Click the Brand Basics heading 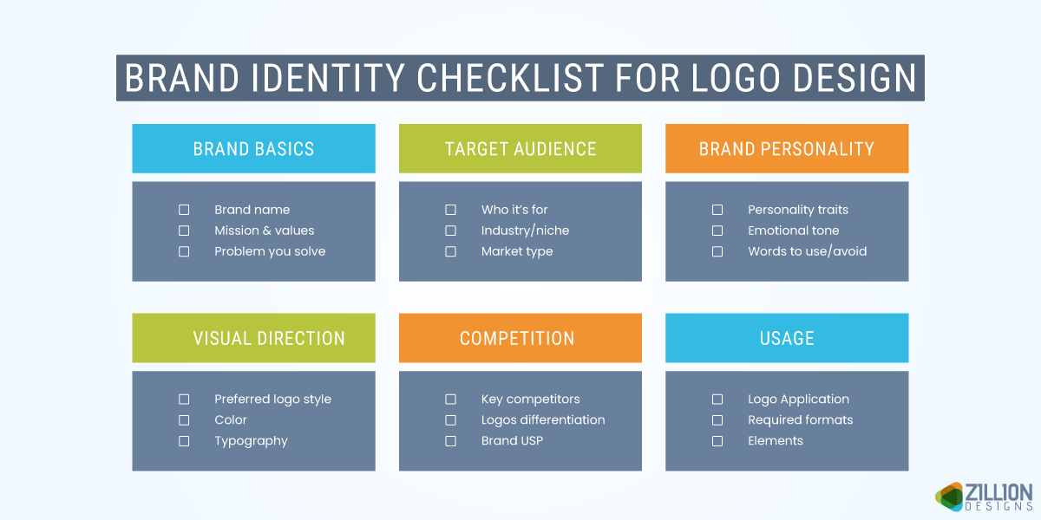[x=253, y=148]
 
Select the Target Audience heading [x=520, y=148]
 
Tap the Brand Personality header [x=787, y=148]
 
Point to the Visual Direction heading [x=269, y=338]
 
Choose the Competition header [x=517, y=338]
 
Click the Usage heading [x=787, y=338]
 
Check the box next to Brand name [x=184, y=210]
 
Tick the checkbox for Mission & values [x=184, y=231]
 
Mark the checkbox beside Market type [x=450, y=251]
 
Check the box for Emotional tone [x=717, y=231]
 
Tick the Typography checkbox [x=184, y=441]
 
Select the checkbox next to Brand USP [x=450, y=441]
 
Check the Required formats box [x=717, y=420]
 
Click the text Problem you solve [x=270, y=251]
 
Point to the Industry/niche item [x=525, y=231]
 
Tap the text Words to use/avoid [x=807, y=251]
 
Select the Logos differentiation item [x=543, y=420]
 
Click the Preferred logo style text [x=272, y=400]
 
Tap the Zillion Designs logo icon [x=951, y=496]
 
